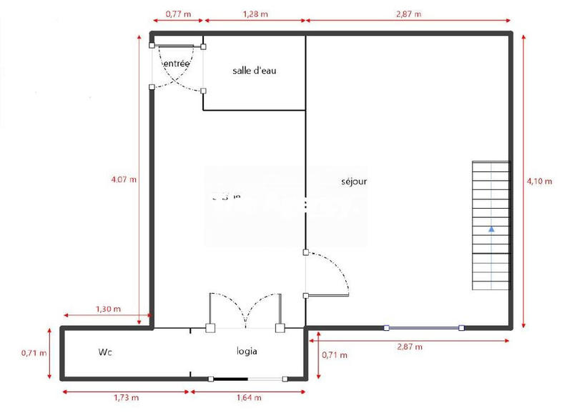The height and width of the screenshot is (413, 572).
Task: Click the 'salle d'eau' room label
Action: [259, 71]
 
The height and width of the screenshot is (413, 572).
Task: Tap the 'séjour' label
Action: [354, 181]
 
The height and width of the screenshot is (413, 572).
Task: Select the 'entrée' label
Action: [177, 64]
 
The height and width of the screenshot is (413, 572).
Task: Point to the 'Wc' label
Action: [107, 352]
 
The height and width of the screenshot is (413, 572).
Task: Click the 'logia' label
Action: [247, 352]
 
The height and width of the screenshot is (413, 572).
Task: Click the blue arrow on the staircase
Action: [492, 230]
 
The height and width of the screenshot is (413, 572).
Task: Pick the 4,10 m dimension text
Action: [539, 181]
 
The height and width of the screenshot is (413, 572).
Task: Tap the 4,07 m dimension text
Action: [124, 179]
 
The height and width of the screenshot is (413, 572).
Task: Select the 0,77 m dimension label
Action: [177, 14]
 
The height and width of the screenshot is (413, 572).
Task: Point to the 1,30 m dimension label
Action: [108, 309]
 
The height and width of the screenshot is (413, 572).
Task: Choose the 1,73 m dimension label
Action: [126, 397]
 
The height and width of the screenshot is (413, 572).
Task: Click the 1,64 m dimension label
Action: [247, 397]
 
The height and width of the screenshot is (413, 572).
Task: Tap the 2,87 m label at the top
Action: [408, 14]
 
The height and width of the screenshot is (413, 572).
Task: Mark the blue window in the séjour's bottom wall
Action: [423, 328]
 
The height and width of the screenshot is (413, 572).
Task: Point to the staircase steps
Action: [491, 207]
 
